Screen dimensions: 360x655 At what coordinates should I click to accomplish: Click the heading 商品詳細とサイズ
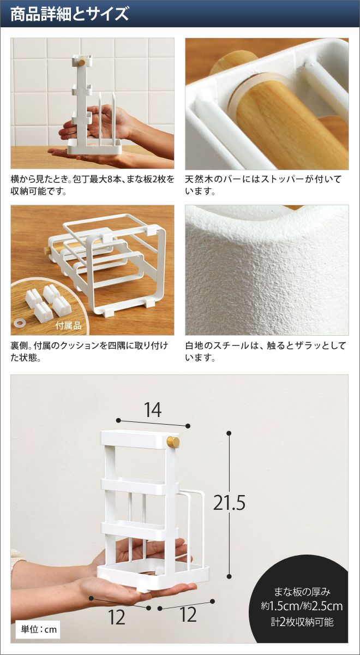70,14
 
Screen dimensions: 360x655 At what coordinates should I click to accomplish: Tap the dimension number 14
153,410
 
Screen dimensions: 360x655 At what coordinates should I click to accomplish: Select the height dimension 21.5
229,503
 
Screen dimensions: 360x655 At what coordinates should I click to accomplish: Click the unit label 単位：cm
39,629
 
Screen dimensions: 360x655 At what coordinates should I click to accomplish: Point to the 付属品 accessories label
68,325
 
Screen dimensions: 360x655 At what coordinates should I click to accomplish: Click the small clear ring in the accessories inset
19,323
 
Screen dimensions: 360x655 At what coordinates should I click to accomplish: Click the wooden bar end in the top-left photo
82,62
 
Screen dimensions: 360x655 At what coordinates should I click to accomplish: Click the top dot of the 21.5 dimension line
229,433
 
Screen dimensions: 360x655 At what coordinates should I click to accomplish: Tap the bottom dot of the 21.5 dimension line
229,576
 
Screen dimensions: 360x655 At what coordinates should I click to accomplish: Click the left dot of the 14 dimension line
118,420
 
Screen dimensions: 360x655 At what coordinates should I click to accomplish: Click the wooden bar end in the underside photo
46,251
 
